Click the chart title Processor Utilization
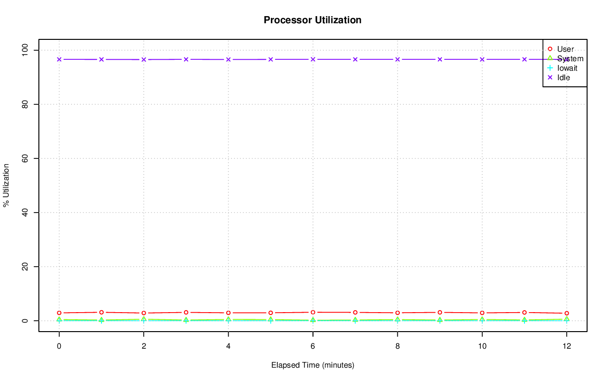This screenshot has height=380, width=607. pos(313,20)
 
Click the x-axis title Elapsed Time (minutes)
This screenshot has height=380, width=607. pos(313,365)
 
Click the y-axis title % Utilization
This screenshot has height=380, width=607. pos(6,185)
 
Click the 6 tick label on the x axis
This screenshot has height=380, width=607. pos(313,347)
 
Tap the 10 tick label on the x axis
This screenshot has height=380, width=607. pos(482,347)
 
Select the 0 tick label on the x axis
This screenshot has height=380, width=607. pos(59,347)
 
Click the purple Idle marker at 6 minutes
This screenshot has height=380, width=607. pos(313,59)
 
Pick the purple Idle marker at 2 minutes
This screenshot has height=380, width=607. pos(144,60)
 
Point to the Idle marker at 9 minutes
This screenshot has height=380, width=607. pos(440,59)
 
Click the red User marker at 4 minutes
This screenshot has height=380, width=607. pos(228,313)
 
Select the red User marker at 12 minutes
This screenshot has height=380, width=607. pos(567,314)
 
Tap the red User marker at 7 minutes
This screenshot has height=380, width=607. pos(355,313)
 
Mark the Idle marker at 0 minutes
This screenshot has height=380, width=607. pos(59,59)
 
